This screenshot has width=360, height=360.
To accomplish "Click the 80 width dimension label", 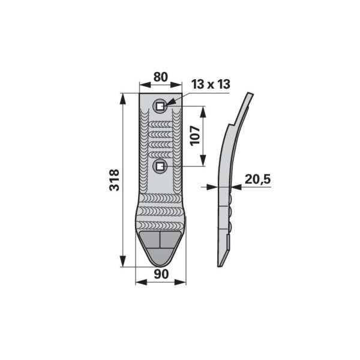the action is click(x=160, y=77).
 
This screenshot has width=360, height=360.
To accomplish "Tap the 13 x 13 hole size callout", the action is click(x=211, y=84).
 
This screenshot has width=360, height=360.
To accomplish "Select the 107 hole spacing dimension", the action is click(x=195, y=136).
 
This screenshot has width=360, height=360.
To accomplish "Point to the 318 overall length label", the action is click(x=114, y=180).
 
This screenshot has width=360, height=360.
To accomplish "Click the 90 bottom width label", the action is click(x=161, y=274).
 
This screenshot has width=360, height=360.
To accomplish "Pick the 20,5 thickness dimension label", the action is click(x=258, y=179).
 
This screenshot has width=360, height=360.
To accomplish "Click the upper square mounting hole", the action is click(x=160, y=106).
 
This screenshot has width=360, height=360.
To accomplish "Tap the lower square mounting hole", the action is click(x=160, y=166).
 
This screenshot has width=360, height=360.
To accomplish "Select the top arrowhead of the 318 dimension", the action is click(x=123, y=99).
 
